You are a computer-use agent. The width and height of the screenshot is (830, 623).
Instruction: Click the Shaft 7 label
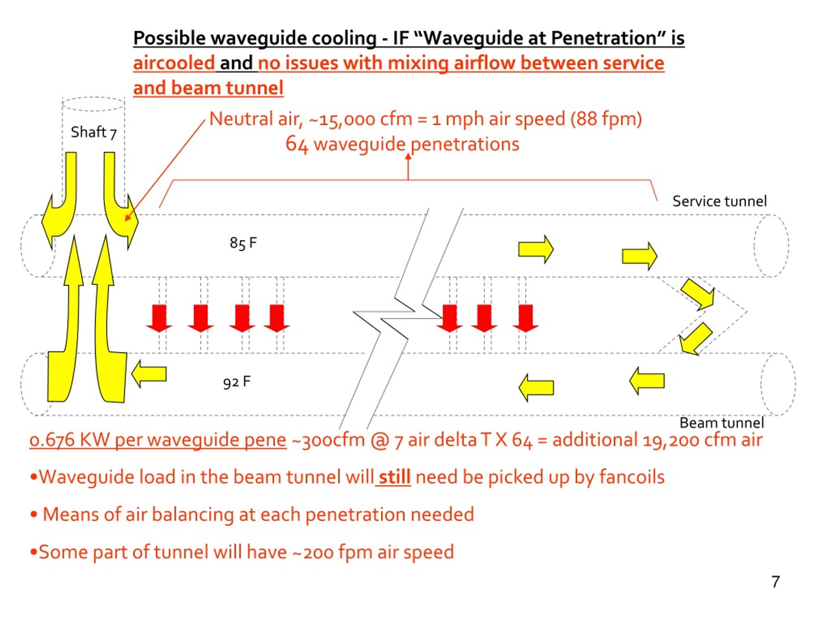pyautogui.click(x=94, y=132)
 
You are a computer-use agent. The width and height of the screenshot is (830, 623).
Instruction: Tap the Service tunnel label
pyautogui.click(x=719, y=201)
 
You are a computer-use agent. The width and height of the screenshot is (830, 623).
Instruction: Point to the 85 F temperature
pyautogui.click(x=243, y=243)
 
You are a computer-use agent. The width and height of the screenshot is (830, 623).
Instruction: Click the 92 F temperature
pyautogui.click(x=237, y=382)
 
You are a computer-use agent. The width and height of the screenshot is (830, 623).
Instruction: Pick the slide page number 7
pyautogui.click(x=776, y=582)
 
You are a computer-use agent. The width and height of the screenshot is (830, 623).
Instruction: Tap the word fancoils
pyautogui.click(x=632, y=477)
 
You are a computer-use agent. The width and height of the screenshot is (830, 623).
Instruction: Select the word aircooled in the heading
pyautogui.click(x=174, y=63)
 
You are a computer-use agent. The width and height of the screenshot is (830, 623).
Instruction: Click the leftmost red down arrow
pyautogui.click(x=159, y=318)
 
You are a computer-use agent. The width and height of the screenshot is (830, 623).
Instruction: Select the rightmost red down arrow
pyautogui.click(x=526, y=318)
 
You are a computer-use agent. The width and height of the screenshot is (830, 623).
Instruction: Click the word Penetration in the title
pyautogui.click(x=603, y=38)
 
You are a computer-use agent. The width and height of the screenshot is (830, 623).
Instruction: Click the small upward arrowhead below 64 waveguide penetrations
pyautogui.click(x=408, y=156)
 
